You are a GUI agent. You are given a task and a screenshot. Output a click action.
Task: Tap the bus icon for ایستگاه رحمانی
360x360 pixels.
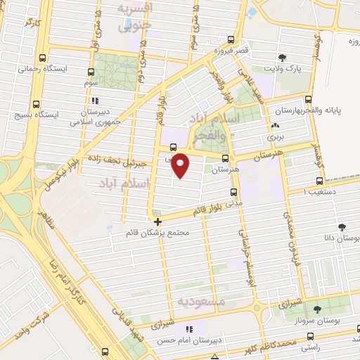click(44, 58)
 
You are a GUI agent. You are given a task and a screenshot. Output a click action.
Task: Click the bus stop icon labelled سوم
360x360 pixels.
click(91, 72)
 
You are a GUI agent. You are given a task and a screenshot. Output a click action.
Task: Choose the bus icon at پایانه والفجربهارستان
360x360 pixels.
click(313, 98)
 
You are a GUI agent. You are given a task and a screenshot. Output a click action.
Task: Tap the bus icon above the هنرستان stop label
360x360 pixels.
click(225, 158)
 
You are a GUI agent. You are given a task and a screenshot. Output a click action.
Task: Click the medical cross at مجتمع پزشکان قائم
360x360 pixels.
click(157, 221)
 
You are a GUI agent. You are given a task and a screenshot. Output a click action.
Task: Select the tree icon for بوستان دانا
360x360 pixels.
click(342, 227)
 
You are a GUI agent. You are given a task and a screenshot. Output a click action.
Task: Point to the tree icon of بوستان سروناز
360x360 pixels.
click(317, 308)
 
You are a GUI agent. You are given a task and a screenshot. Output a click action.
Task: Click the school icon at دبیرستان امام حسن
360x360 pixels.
click(188, 329)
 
